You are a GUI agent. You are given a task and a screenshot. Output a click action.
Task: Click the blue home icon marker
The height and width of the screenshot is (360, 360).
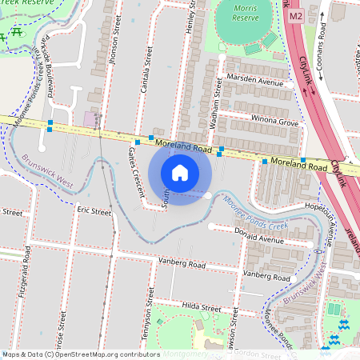pos(180,172)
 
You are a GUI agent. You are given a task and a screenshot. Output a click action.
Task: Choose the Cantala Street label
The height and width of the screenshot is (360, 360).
pos(147,67)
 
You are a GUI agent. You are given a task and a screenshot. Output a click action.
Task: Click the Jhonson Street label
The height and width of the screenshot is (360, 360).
pos(115,55)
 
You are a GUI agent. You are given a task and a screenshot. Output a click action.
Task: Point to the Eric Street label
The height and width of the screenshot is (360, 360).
pos(94,211)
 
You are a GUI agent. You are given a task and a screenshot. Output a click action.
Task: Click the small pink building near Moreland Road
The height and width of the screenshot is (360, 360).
pos(89,118)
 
